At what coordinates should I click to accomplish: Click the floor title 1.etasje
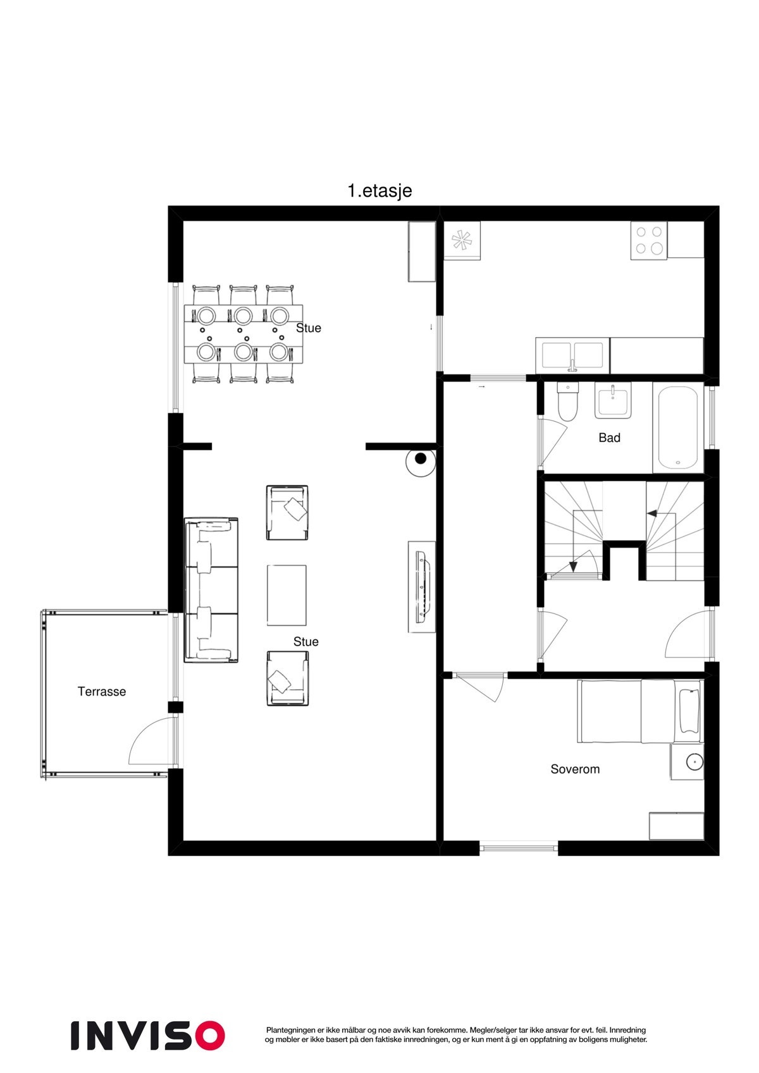pyautogui.click(x=379, y=190)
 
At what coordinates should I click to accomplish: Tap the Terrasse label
pyautogui.click(x=102, y=691)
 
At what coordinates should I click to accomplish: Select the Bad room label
pyautogui.click(x=609, y=438)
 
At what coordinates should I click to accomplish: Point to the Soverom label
pyautogui.click(x=575, y=769)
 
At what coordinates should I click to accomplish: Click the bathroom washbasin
pyautogui.click(x=612, y=402)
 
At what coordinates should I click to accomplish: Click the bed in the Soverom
pyautogui.click(x=639, y=711)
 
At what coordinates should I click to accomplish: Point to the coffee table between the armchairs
pyautogui.click(x=287, y=595)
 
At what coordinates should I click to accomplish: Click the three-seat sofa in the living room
pyautogui.click(x=211, y=589)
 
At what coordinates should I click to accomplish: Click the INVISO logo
pyautogui.click(x=147, y=1035)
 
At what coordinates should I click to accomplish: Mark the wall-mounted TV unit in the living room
pyautogui.click(x=421, y=586)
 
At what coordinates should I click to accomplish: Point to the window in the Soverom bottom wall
pyautogui.click(x=519, y=847)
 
